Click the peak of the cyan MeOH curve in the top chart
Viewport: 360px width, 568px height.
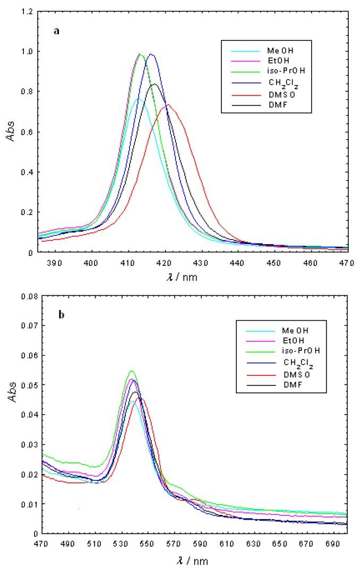tap(139, 99)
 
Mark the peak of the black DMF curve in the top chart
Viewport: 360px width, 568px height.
tap(155, 84)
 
